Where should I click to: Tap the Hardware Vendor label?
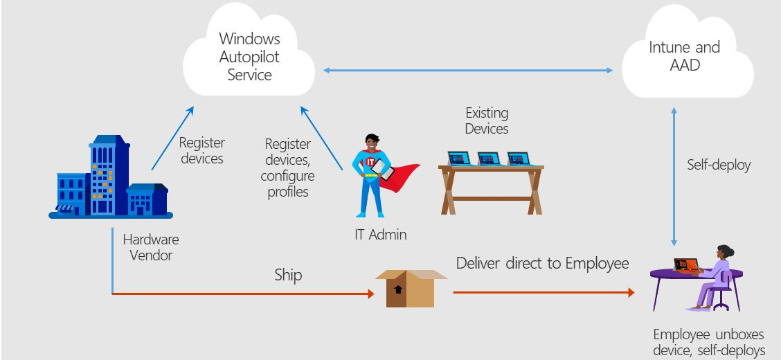[x=151, y=247]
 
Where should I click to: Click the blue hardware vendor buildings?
[x=111, y=179]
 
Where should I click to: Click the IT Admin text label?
[x=376, y=235]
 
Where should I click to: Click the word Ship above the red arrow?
[x=288, y=275]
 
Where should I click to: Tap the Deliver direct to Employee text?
[x=542, y=263]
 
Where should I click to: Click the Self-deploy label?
[x=719, y=165]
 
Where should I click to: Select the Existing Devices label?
[x=487, y=120]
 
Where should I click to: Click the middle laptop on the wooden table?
[x=489, y=159]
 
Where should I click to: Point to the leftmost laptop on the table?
[x=459, y=159]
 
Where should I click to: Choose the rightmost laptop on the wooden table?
[x=519, y=159]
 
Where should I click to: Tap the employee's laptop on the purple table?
[x=687, y=266]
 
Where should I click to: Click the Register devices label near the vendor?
[x=201, y=150]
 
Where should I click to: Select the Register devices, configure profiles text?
[x=286, y=168]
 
